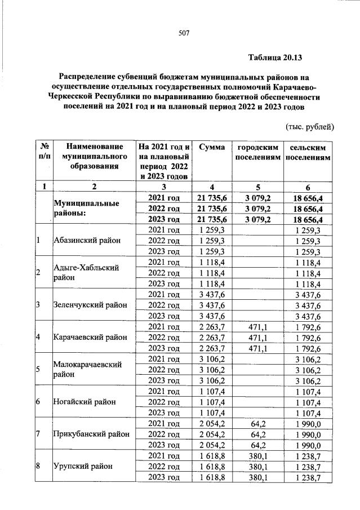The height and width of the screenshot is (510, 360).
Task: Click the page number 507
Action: [183, 33]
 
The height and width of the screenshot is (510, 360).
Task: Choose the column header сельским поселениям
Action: [308, 152]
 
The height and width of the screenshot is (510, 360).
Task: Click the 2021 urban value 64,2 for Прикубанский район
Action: [259, 423]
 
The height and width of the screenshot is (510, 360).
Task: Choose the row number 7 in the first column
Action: [38, 434]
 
